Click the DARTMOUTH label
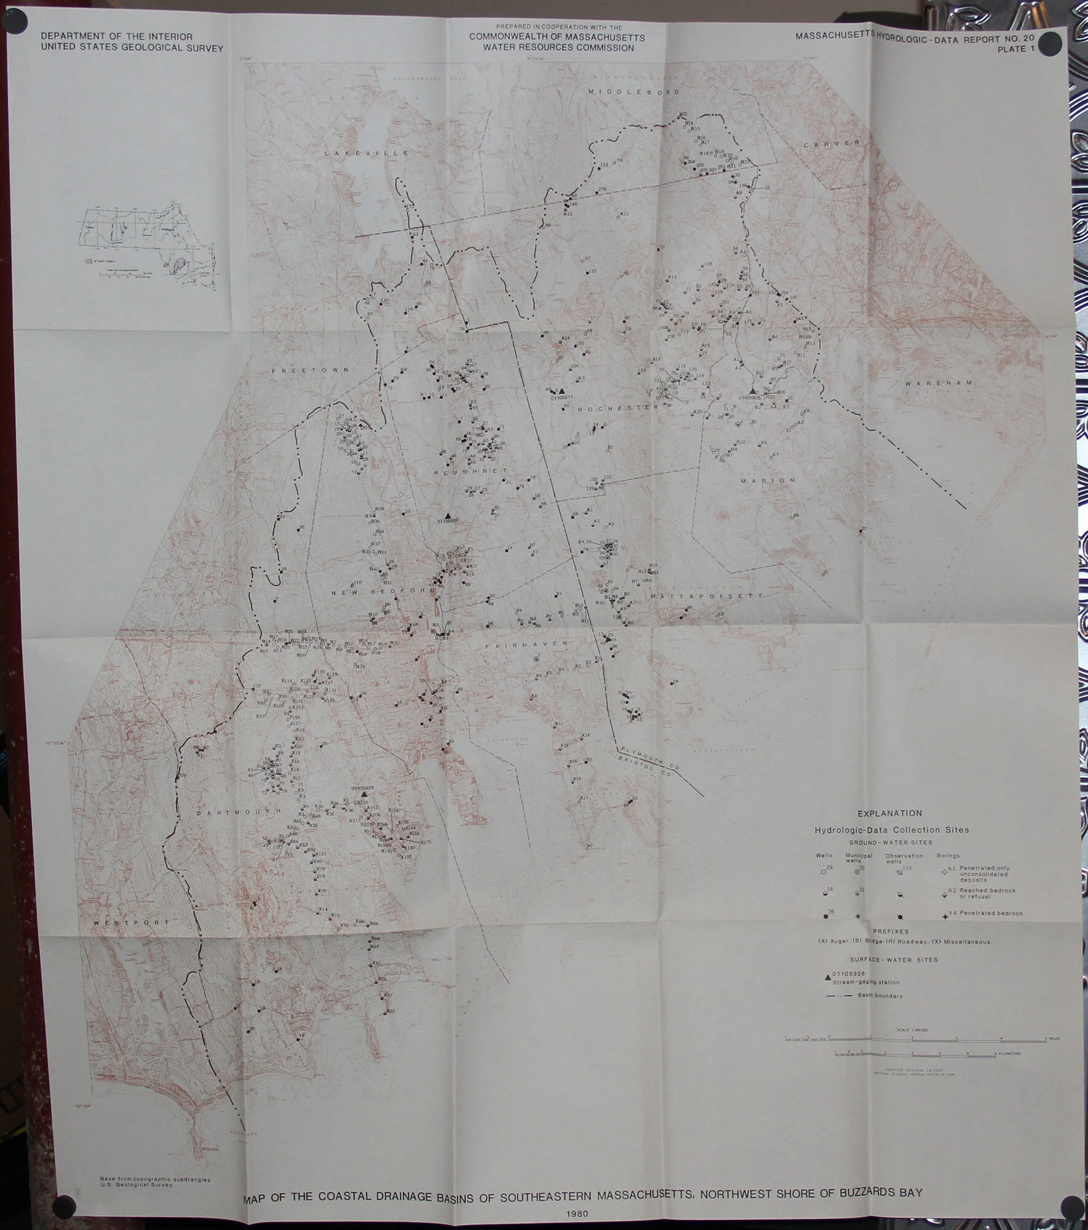(x=237, y=812)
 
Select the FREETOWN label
(x=311, y=370)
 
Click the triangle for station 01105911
(x=561, y=391)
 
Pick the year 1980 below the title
(x=580, y=1213)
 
